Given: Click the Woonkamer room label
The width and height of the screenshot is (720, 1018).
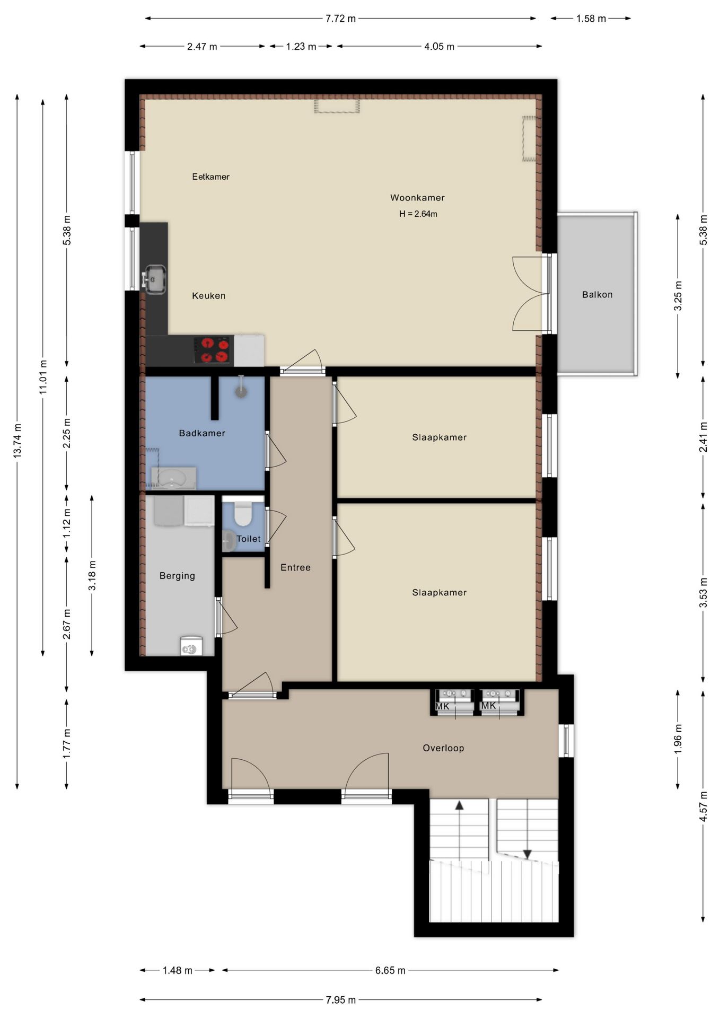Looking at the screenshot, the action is pos(417,198).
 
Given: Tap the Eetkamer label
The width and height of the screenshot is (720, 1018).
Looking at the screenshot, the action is pos(210,177).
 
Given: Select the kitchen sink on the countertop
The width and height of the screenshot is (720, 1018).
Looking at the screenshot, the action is pos(154,279).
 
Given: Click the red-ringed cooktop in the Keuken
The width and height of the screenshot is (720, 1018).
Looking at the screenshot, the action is pos(214,350).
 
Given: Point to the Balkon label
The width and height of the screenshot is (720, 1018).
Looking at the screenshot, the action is pos(597,295).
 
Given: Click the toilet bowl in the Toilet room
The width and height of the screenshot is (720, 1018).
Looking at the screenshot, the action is pos(243,514).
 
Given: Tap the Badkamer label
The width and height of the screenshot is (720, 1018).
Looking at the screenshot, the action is pos(202,433).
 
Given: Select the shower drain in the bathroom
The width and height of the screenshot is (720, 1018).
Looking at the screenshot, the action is pos(241,392).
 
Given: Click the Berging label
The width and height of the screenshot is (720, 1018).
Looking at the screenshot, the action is pos(177,576).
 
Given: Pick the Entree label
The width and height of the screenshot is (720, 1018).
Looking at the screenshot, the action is pos(295,567).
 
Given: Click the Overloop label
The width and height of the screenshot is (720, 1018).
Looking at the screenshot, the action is pos(443,748).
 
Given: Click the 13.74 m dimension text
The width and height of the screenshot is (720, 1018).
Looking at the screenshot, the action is pos(17,441).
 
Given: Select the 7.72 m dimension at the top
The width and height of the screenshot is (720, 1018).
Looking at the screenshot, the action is pos(340,19).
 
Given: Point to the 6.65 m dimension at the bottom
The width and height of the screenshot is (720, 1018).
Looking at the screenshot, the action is pos(390,970).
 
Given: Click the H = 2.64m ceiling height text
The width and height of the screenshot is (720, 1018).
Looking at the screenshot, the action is pos(418,214).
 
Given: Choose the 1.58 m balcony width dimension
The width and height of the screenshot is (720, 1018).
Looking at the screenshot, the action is pos(591,19).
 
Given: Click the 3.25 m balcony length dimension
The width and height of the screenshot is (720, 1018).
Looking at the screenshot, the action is pos(678,296).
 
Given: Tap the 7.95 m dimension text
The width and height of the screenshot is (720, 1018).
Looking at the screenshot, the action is pos(340,1000).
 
